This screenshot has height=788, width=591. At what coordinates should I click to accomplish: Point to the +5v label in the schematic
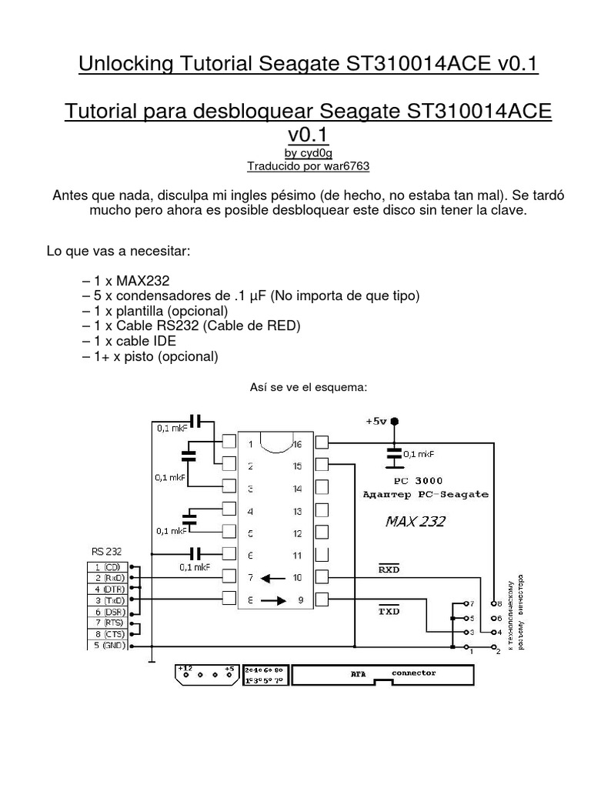[x=376, y=422]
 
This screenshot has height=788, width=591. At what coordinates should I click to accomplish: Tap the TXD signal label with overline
[x=390, y=611]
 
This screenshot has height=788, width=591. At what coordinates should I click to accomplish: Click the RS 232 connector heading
[x=106, y=551]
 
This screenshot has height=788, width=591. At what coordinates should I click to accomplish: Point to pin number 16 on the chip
[x=298, y=443]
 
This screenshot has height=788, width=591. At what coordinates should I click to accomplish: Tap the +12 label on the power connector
[x=185, y=669]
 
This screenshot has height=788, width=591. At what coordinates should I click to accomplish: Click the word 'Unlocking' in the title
[x=125, y=64]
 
